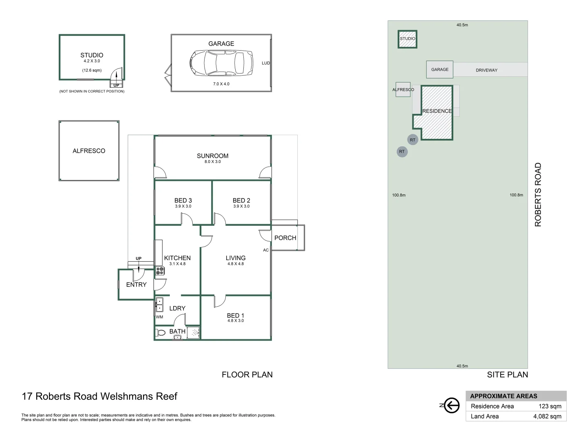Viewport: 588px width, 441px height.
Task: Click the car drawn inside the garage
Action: pyautogui.click(x=221, y=63)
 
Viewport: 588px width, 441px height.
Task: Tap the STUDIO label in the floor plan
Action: pyautogui.click(x=92, y=55)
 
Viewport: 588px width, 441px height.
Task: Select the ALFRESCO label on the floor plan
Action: pyautogui.click(x=89, y=151)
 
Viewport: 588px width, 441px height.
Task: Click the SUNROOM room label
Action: pyautogui.click(x=212, y=156)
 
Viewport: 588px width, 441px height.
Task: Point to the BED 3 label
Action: pyautogui.click(x=183, y=200)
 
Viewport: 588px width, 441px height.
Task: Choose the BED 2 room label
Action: pyautogui.click(x=241, y=200)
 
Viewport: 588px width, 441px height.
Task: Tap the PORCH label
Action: pyautogui.click(x=285, y=238)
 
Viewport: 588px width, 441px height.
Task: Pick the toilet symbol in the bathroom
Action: pyautogui.click(x=161, y=332)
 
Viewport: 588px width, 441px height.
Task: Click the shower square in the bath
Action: pyautogui.click(x=194, y=332)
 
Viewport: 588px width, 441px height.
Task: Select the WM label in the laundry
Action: pyautogui.click(x=159, y=317)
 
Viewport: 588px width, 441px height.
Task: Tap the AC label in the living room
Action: pyautogui.click(x=266, y=250)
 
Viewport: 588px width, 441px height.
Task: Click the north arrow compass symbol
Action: pyautogui.click(x=451, y=405)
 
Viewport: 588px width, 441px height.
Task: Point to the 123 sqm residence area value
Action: pyautogui.click(x=550, y=406)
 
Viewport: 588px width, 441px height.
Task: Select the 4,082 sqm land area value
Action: pyautogui.click(x=547, y=416)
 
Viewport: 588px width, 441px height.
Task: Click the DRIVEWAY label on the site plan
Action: pyautogui.click(x=486, y=70)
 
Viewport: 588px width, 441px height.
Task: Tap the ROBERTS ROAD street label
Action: pyautogui.click(x=538, y=195)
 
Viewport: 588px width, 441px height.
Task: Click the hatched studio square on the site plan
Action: pyautogui.click(x=408, y=39)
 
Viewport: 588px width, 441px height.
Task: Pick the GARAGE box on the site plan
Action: pyautogui.click(x=440, y=69)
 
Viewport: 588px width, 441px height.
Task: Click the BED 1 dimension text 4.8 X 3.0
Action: pyautogui.click(x=236, y=321)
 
